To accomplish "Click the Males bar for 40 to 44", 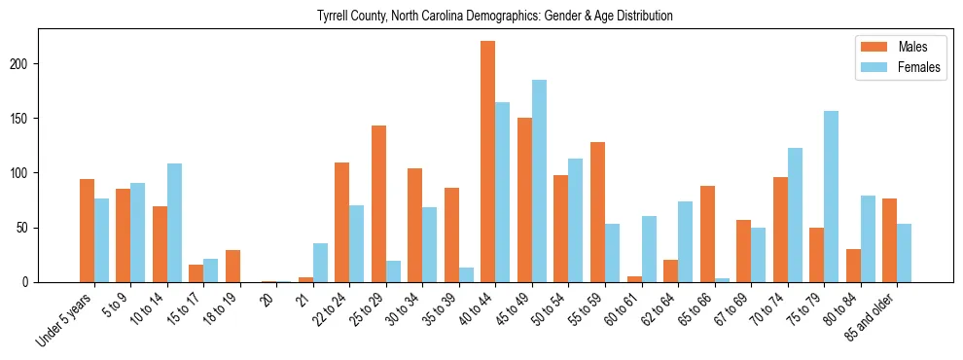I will tap(488, 162).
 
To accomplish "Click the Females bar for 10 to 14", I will tap(174, 223).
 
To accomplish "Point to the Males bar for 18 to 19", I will tap(232, 266).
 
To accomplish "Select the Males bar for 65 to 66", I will tap(707, 234).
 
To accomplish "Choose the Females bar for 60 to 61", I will tap(649, 249).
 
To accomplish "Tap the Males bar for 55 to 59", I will tap(597, 212).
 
